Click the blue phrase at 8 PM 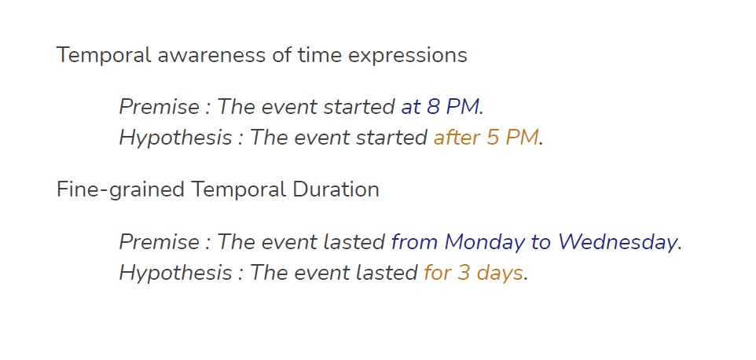[x=439, y=107]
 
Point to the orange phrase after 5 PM [x=486, y=138]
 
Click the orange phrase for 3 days [x=473, y=274]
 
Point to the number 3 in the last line [x=463, y=274]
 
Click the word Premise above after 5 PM [x=158, y=107]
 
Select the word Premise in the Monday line [x=158, y=242]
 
